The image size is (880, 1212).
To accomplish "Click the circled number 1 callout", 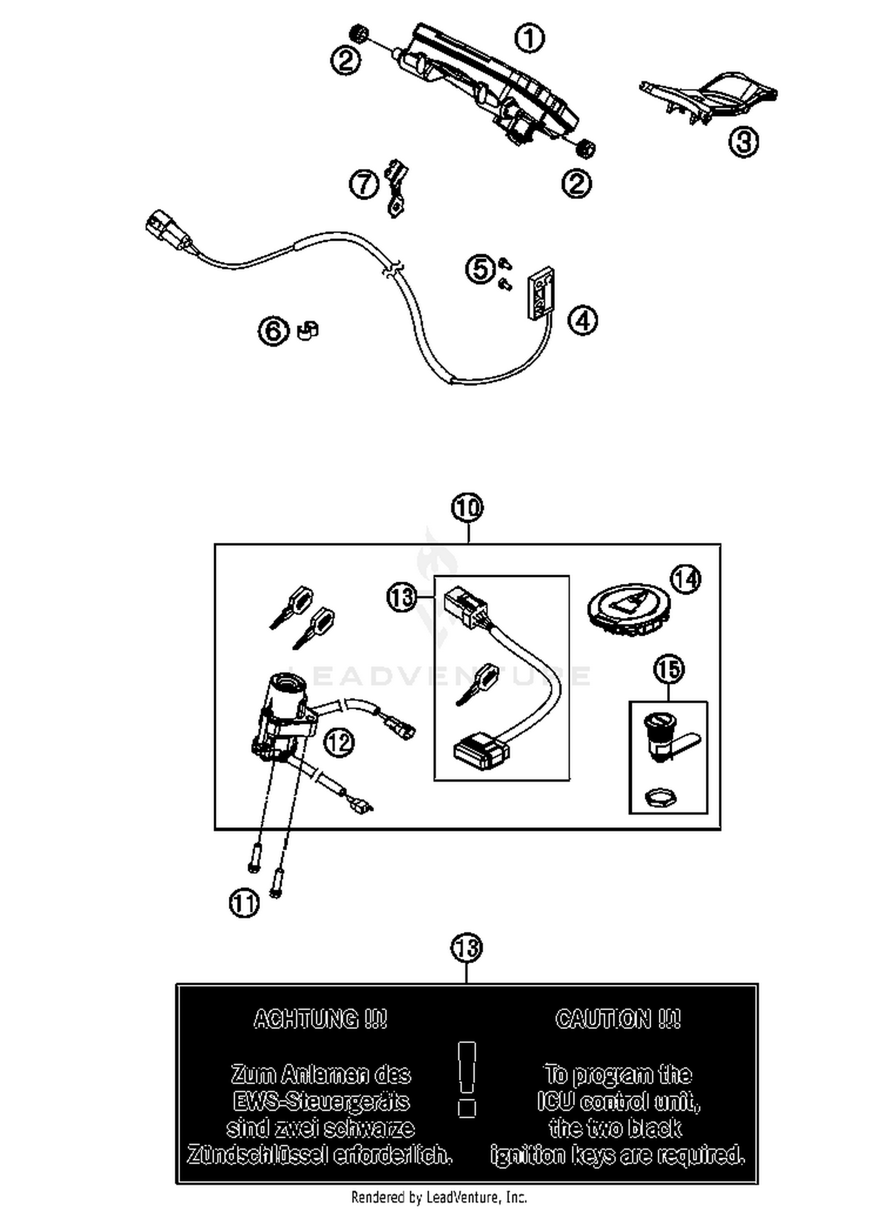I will [x=529, y=39].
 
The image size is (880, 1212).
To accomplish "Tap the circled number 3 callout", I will [x=743, y=141].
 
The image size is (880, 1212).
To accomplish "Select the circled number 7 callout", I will [x=364, y=184].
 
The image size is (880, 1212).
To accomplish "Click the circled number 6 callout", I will [x=274, y=331].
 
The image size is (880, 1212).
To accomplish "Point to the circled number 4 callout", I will [x=583, y=320].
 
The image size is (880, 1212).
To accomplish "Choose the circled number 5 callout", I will [x=480, y=269].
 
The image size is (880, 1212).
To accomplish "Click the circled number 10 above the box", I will [x=468, y=508].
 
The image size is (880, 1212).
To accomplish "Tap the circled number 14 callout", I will [x=686, y=579].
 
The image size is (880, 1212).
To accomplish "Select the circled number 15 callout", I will [x=669, y=670].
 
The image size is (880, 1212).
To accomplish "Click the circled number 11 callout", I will [x=244, y=903].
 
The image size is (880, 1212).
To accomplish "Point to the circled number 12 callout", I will [x=339, y=742].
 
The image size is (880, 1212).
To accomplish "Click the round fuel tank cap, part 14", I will [x=627, y=613].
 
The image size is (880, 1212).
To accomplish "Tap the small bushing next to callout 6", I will [x=308, y=330].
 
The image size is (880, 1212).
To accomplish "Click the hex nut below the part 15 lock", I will [x=661, y=798].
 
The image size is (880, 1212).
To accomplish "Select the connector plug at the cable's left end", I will [x=161, y=229].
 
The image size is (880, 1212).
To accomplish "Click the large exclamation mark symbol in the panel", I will [x=467, y=1079].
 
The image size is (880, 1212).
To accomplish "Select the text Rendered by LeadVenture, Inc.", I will [x=439, y=1197].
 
